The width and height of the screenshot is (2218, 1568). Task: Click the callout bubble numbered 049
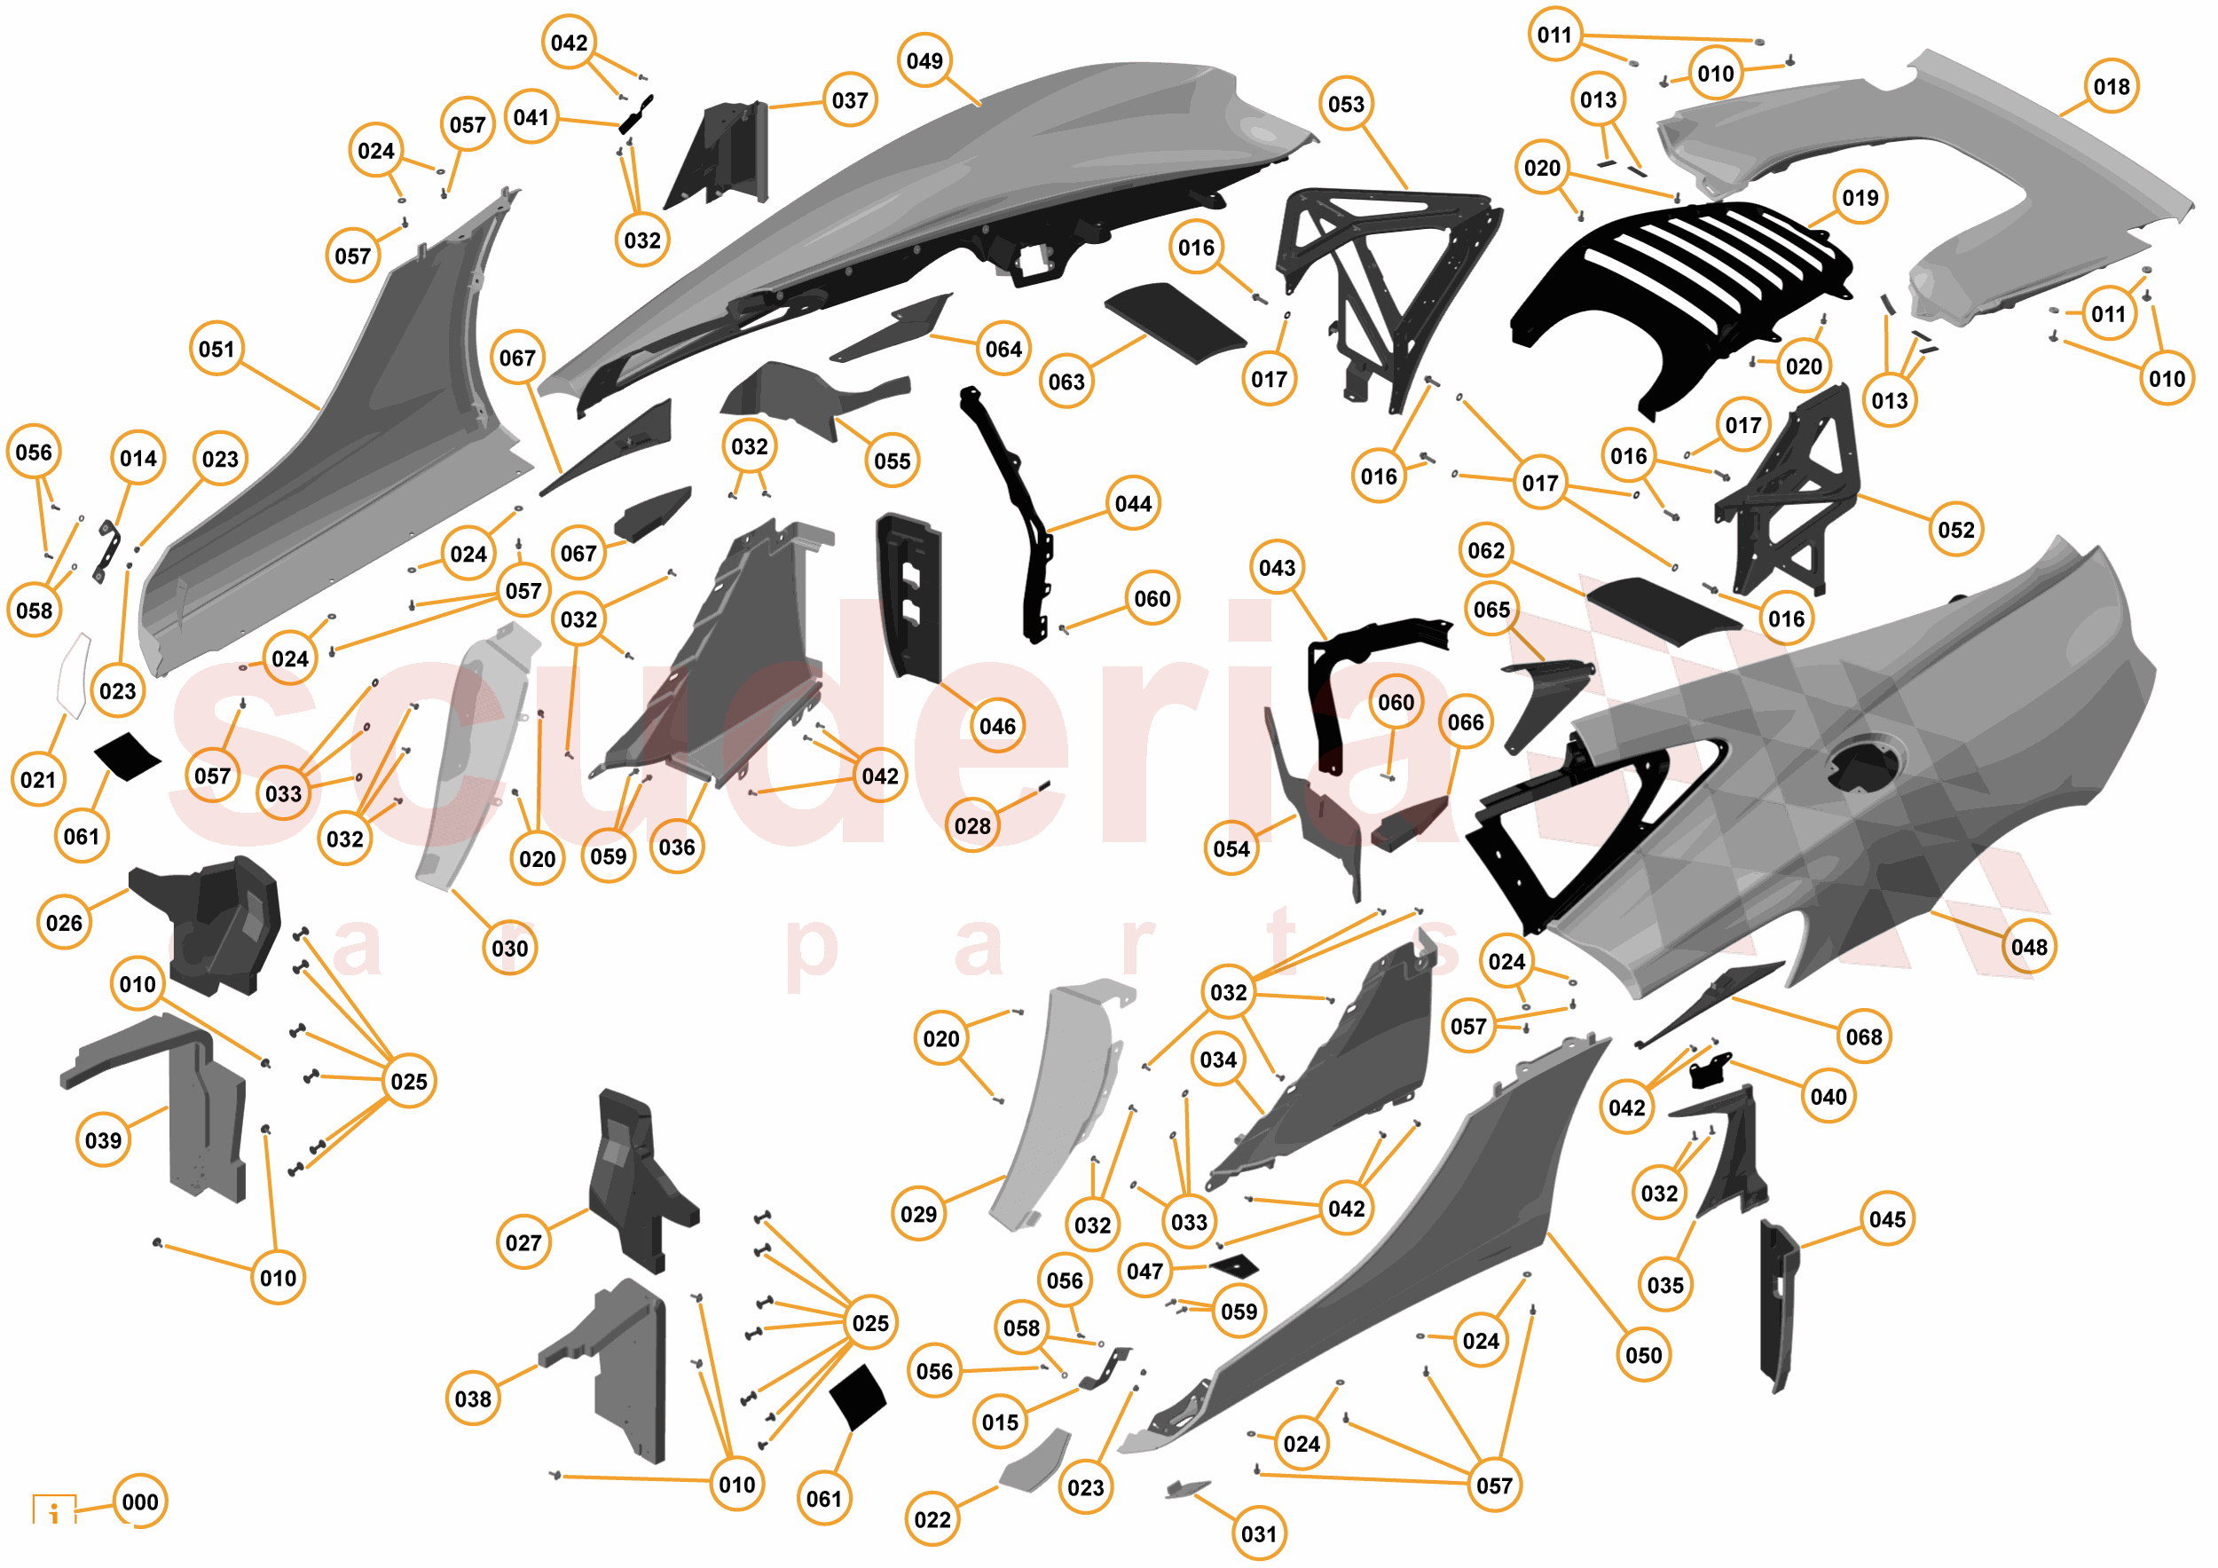point(924,61)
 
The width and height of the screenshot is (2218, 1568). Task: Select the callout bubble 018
point(2111,87)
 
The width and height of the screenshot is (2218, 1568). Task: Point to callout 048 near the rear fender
point(2029,947)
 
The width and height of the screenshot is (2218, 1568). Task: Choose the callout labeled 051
point(216,349)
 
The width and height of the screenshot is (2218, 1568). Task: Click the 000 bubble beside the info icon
point(140,1501)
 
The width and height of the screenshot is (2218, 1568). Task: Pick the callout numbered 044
point(1133,503)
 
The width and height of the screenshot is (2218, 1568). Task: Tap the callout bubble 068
point(1863,1036)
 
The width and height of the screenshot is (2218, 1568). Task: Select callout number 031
point(1259,1533)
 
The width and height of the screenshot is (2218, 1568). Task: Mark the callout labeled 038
point(472,1398)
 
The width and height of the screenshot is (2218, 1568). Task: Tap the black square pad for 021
point(127,756)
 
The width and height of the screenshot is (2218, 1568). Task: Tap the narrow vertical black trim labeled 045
point(1777,1304)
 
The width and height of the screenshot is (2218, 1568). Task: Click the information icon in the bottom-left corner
point(54,1509)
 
